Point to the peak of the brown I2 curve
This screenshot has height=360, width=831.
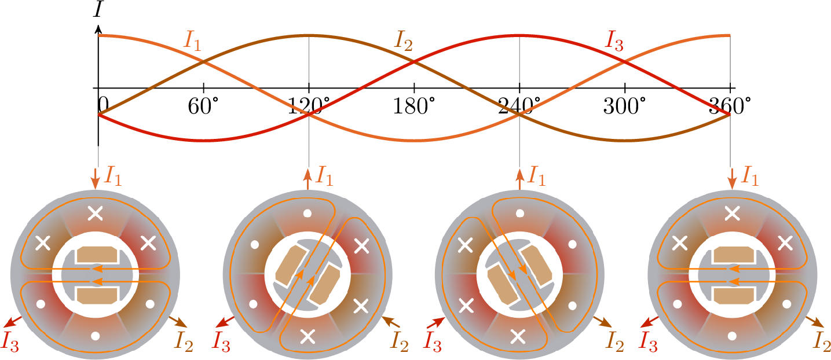click(x=309, y=36)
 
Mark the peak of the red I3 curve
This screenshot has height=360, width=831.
click(x=519, y=36)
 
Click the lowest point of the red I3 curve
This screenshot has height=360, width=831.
click(x=204, y=140)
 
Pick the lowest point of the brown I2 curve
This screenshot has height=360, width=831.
click(x=624, y=140)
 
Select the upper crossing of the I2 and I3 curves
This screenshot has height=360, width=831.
click(x=414, y=62)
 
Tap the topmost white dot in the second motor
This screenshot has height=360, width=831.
click(x=307, y=213)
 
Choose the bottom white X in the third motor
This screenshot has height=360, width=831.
click(x=519, y=335)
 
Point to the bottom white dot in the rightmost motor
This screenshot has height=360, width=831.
click(x=732, y=335)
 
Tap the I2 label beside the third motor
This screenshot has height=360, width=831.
click(x=614, y=342)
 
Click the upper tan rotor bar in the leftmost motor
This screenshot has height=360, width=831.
click(x=97, y=254)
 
